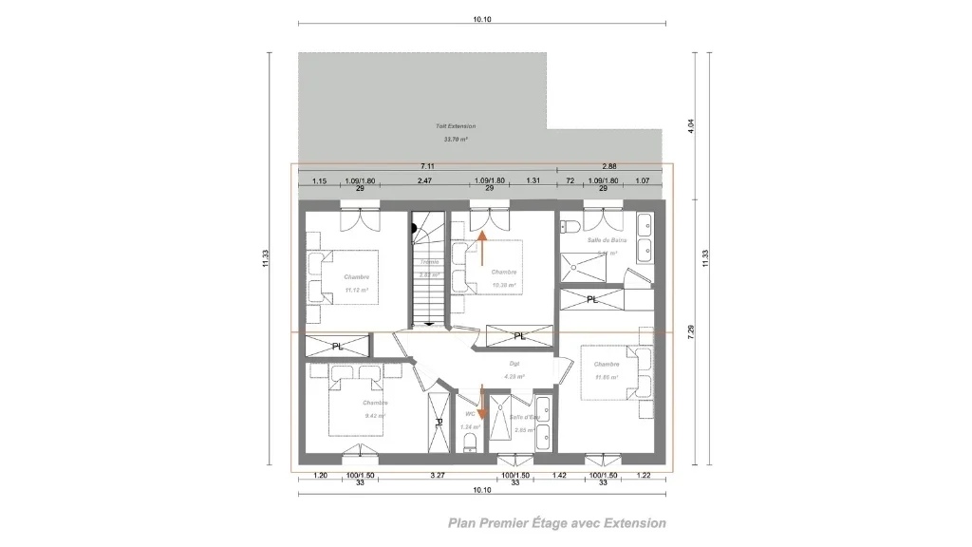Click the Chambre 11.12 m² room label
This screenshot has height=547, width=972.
tap(356, 283)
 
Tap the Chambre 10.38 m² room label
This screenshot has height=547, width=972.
tap(503, 278)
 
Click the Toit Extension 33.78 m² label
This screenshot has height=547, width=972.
tap(456, 132)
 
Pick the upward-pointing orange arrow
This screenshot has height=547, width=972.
tap(482, 249)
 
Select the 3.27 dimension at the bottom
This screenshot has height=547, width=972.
tap(438, 474)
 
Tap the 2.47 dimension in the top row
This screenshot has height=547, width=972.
tap(424, 180)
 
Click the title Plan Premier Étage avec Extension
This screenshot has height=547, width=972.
tap(557, 522)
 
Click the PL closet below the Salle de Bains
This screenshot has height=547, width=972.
tap(592, 300)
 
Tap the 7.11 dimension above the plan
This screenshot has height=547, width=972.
tap(427, 165)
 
